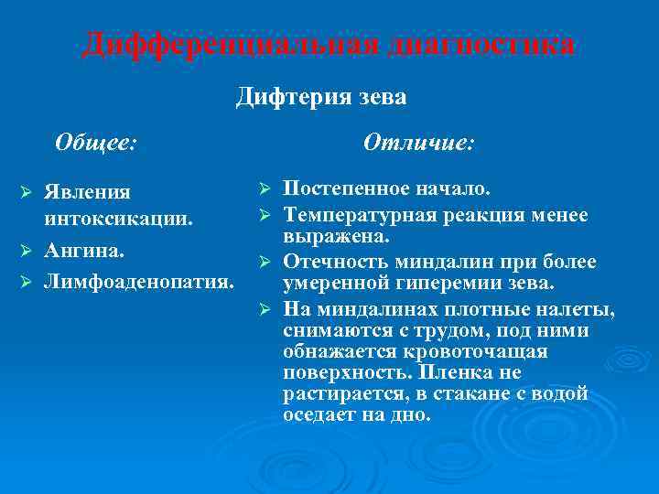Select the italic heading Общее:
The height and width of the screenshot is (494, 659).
95,142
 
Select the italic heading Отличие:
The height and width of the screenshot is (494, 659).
418,142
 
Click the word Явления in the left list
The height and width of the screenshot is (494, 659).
88,193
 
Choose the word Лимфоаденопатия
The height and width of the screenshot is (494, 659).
137,277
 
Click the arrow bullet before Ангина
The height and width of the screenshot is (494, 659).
27,250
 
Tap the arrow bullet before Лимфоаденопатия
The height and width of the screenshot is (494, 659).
27,278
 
